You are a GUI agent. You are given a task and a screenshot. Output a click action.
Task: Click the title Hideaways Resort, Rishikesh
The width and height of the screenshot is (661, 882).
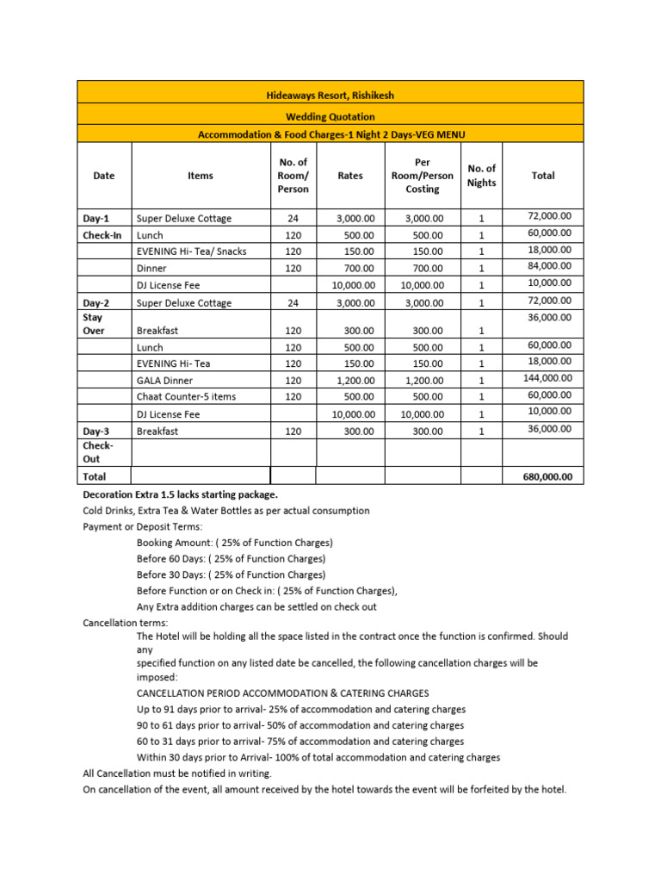pyautogui.click(x=330, y=95)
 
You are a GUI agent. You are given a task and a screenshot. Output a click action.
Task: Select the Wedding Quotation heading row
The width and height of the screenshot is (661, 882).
pyautogui.click(x=330, y=116)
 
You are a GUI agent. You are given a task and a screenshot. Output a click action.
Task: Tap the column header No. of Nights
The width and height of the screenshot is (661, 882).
pyautogui.click(x=481, y=175)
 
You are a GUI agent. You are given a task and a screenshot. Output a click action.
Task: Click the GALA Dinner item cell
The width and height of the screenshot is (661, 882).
pyautogui.click(x=165, y=381)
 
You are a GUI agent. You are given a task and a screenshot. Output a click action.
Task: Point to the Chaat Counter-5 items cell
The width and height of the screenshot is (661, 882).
pyautogui.click(x=186, y=397)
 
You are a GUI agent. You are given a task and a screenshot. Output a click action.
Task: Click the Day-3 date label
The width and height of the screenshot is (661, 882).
pyautogui.click(x=95, y=431)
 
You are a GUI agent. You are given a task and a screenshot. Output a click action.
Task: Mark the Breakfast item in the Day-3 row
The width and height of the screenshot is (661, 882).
pyautogui.click(x=158, y=431)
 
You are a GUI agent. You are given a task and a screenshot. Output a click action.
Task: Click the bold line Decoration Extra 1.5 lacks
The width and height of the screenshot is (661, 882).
pyautogui.click(x=180, y=495)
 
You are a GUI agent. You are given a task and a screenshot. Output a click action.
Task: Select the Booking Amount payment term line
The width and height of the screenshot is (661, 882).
pyautogui.click(x=234, y=543)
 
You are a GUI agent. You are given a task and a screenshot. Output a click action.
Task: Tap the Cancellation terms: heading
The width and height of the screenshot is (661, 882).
pyautogui.click(x=126, y=622)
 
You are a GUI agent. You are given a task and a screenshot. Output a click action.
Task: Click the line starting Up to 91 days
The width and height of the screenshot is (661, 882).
pyautogui.click(x=301, y=710)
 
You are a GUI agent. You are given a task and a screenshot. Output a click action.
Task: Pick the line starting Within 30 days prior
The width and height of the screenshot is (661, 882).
pyautogui.click(x=318, y=757)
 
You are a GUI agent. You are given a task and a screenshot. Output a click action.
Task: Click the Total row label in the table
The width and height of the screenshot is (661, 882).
pyautogui.click(x=94, y=476)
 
